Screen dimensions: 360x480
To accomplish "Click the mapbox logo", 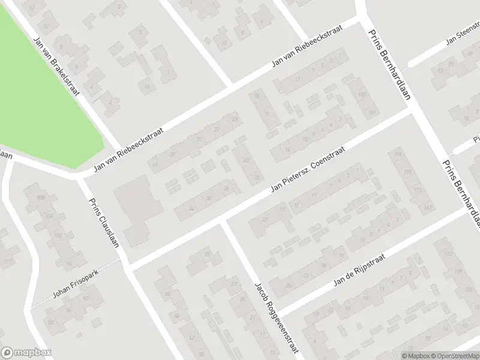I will pos(26,353).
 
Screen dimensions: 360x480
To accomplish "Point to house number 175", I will pos(409,172).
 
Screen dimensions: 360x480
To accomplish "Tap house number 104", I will pos(49,216).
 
